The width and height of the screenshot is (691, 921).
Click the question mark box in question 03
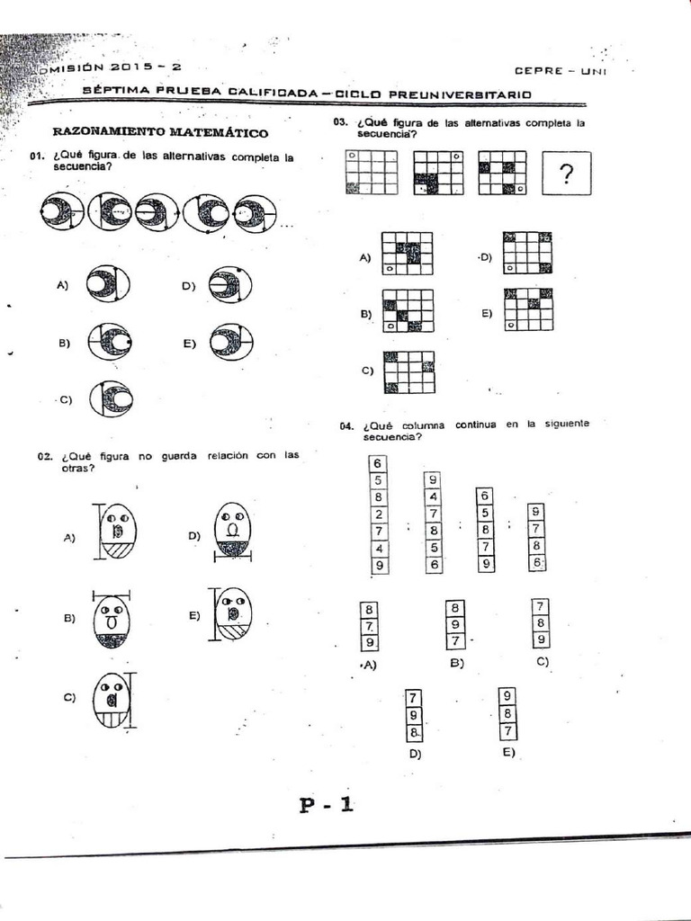pos(567,174)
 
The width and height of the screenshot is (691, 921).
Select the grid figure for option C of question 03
pos(409,371)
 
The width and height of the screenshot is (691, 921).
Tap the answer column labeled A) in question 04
pos(369,626)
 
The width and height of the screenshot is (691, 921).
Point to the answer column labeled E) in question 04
pos(508,714)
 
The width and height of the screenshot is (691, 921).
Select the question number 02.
pos(45,457)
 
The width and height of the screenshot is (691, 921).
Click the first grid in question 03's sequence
pos(371,173)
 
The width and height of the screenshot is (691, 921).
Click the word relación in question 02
pos(231,455)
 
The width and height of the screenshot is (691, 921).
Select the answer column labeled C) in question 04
pos(540,623)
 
